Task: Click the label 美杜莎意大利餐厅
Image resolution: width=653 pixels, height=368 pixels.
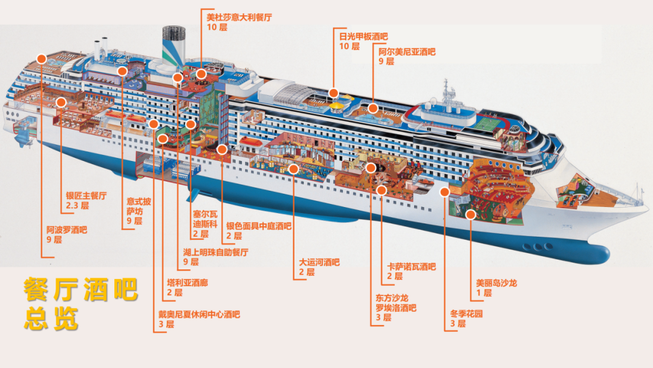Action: click(x=239, y=18)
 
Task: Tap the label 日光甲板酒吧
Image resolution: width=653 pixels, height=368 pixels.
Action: click(x=363, y=37)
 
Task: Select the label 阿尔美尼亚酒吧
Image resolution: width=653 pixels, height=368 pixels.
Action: click(x=407, y=51)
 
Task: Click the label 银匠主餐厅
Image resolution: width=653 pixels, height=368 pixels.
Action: click(x=86, y=195)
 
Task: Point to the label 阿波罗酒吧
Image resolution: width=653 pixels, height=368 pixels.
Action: click(x=67, y=230)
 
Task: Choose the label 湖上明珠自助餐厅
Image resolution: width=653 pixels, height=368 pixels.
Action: click(x=216, y=252)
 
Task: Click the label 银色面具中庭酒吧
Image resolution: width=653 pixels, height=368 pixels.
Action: click(x=259, y=226)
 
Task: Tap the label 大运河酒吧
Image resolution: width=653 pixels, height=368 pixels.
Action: click(x=319, y=263)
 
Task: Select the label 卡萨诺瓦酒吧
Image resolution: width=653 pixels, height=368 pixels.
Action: click(x=412, y=267)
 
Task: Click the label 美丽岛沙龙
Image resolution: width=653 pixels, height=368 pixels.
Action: click(x=496, y=283)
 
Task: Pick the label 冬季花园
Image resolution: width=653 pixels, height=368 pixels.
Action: click(x=466, y=314)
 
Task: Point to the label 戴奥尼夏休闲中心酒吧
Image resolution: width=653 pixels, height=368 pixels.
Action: click(x=199, y=314)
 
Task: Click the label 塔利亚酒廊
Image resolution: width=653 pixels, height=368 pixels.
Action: click(x=187, y=283)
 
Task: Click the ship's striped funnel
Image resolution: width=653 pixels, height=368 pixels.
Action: click(x=174, y=46)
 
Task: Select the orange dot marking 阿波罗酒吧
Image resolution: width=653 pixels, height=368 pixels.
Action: click(x=41, y=59)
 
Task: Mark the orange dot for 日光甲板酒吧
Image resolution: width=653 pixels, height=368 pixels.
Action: click(x=333, y=93)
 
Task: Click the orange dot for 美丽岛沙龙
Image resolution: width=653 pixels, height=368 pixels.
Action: click(x=470, y=215)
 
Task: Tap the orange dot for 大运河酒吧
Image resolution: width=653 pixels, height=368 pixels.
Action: click(x=294, y=169)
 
